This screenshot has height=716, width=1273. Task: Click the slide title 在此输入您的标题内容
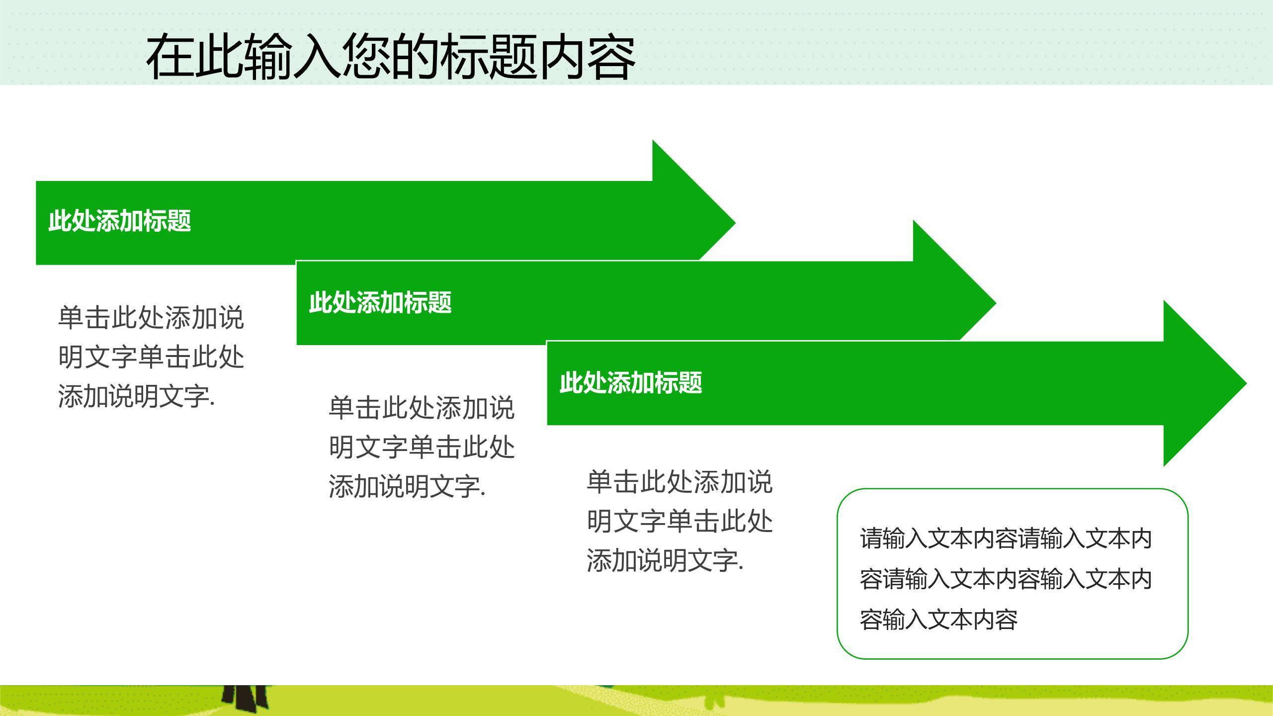point(391,57)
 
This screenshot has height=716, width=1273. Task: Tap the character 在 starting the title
point(170,57)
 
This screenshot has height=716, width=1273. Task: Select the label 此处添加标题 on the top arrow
point(120,221)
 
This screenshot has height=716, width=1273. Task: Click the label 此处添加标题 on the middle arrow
point(380,302)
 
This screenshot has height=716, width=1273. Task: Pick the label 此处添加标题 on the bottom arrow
point(631,383)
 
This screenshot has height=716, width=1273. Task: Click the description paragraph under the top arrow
point(151,357)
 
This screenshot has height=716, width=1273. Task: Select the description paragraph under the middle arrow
point(422,447)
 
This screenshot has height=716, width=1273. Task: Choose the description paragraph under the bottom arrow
point(679,521)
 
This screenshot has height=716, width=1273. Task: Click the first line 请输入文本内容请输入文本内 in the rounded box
point(1006,539)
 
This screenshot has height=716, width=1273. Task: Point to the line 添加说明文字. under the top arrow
point(136,397)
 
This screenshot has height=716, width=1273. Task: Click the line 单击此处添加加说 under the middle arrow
point(422,408)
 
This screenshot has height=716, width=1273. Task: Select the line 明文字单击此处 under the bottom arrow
point(679,521)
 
